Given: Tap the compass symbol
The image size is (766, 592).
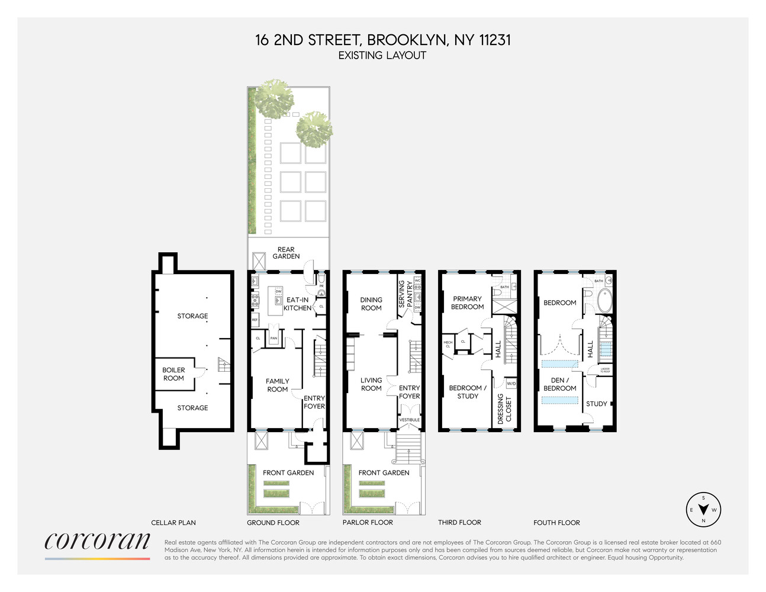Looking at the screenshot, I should [703, 510].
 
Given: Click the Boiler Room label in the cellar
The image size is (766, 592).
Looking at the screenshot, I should [173, 374].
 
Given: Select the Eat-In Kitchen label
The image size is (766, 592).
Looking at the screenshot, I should [297, 304].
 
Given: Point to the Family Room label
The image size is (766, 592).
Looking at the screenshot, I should [277, 385].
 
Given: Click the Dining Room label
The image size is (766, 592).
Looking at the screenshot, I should [371, 304].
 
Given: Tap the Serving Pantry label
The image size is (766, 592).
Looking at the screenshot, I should [405, 294].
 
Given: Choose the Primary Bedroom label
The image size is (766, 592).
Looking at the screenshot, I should [468, 303].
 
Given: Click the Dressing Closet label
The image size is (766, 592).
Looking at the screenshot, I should [504, 408].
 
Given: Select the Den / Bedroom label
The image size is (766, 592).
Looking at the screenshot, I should [559, 384].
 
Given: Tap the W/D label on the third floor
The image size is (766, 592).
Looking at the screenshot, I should [511, 384].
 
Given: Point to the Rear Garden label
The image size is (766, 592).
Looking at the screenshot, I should [286, 253].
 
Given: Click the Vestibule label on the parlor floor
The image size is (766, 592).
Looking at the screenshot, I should [409, 420].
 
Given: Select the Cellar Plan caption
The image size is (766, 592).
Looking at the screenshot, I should [173, 523].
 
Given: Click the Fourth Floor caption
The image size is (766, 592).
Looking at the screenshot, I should [556, 523].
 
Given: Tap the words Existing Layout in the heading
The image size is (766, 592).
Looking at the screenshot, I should [382, 56].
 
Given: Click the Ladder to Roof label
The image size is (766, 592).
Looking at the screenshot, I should [605, 370].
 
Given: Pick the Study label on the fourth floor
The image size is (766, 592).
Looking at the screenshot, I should [596, 404].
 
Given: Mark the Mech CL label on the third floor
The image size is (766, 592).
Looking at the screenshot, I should [448, 345].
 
